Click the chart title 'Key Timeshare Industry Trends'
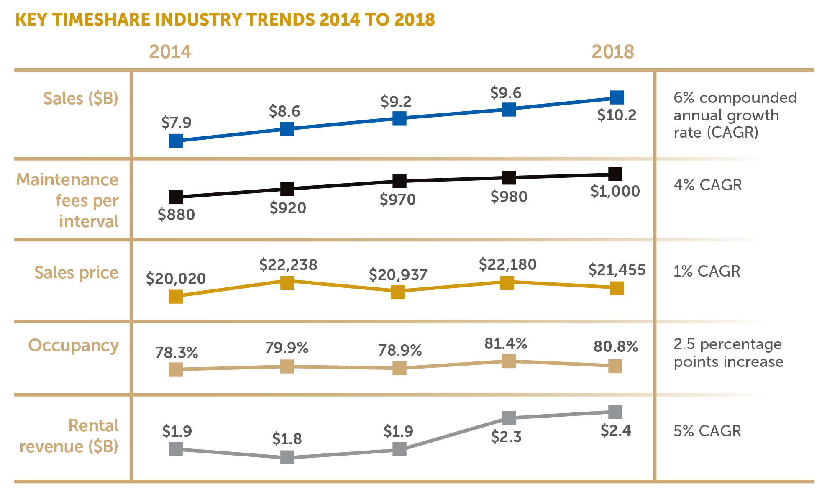coord(225,20)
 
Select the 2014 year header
coord(170,52)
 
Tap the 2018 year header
coord(612,52)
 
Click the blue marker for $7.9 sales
coord(176,141)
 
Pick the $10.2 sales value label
coord(617,115)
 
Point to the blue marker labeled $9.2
coord(399,118)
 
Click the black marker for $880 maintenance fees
coord(176,197)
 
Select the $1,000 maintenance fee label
coord(615,191)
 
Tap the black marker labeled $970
coord(399,181)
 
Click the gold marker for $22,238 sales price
coord(287,283)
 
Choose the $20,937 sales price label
coord(398,275)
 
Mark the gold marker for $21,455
coord(617,288)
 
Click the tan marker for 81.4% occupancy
coord(509,361)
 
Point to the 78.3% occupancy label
coord(177,353)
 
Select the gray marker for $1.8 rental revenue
coord(287,457)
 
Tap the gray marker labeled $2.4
coord(615,412)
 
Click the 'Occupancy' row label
coord(74,346)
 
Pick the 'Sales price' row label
coord(76,272)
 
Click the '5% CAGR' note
coord(707,431)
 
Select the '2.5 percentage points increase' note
coord(728,353)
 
